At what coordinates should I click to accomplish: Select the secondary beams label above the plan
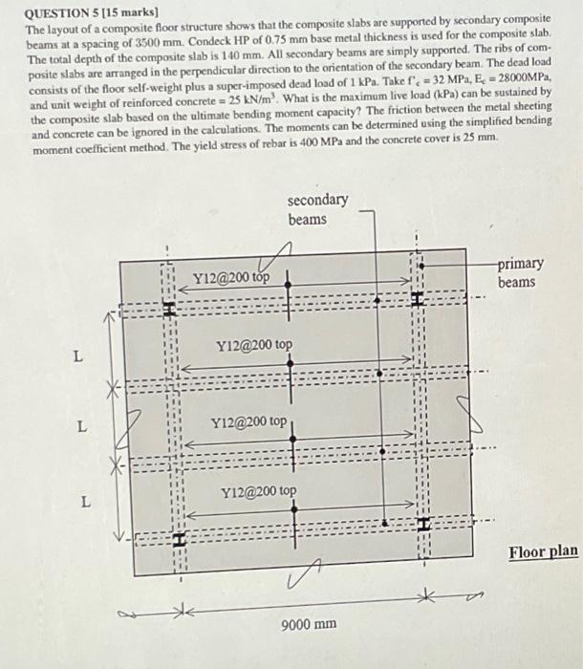[317, 209]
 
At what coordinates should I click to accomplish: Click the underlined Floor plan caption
[543, 552]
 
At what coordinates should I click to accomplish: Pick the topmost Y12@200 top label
[230, 278]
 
